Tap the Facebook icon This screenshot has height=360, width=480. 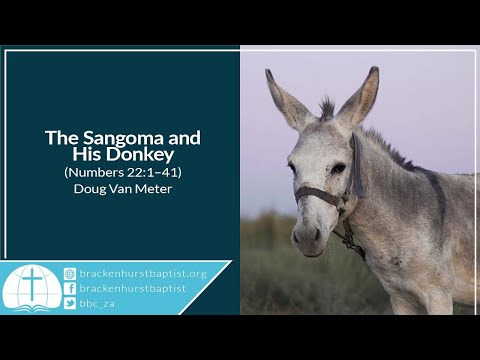click(70, 288)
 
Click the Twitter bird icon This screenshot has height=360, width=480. click(70, 303)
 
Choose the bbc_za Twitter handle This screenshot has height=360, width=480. click(97, 303)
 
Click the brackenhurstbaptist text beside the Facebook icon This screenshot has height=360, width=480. click(129, 288)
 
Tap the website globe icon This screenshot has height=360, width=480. click(70, 273)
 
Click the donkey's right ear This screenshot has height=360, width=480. click(363, 95)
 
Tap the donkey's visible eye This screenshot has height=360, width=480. click(338, 168)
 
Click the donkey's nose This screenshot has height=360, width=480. click(305, 236)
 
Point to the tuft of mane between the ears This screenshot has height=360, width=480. click(326, 107)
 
